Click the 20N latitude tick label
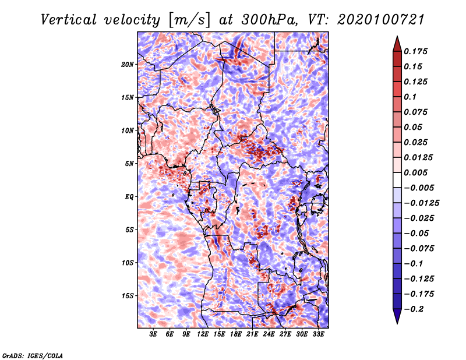[x=128, y=64]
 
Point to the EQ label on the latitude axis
[x=129, y=196]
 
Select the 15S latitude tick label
[x=128, y=295]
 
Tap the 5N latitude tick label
[x=129, y=163]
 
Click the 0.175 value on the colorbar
[x=416, y=51]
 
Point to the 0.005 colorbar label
[x=416, y=172]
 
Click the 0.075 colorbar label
[x=416, y=112]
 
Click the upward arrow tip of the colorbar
[x=397, y=38]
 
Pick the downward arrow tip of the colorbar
[x=397, y=322]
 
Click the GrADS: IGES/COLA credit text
[x=33, y=355]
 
